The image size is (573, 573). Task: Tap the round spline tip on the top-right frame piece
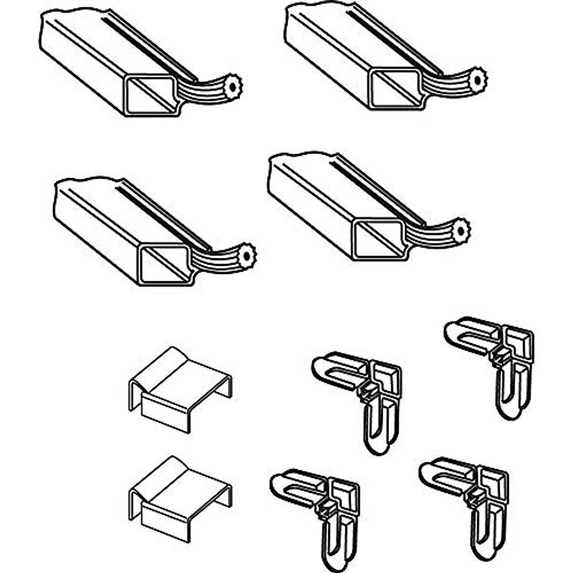click(477, 80)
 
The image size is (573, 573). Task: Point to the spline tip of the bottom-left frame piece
click(247, 256)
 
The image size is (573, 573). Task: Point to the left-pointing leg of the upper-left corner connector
click(338, 370)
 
